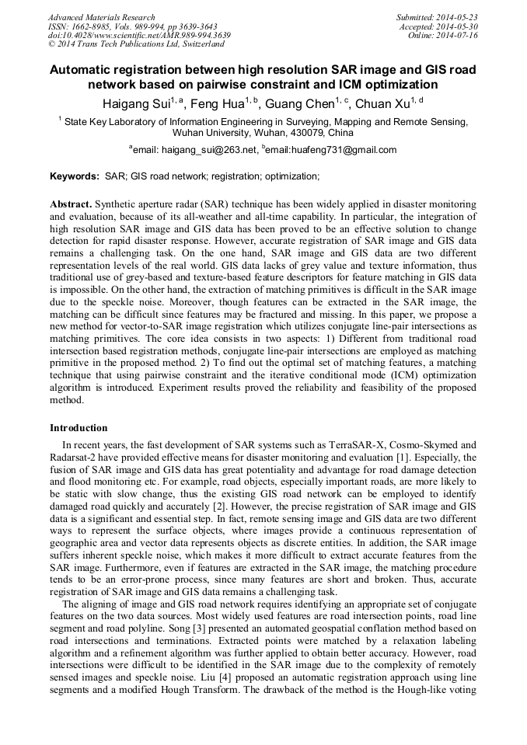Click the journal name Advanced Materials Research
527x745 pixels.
[x=101, y=17]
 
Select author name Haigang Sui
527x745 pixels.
[x=138, y=103]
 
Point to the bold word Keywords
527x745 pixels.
[x=74, y=176]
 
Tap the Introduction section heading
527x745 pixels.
[x=79, y=427]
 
